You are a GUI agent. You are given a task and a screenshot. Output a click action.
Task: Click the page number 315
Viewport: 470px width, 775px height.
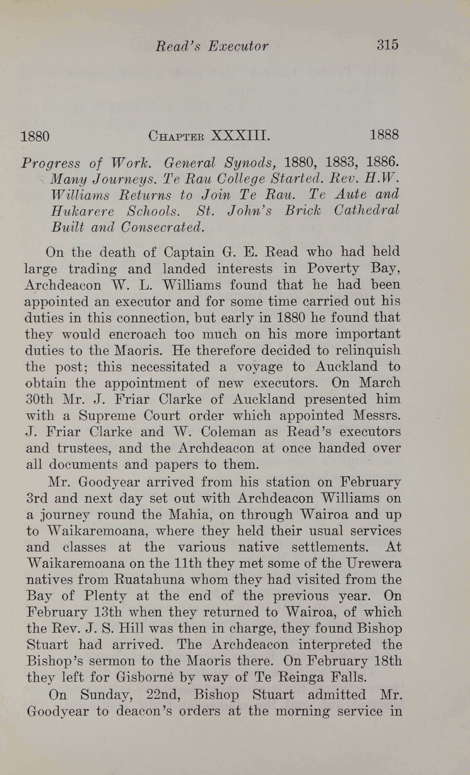click(387, 45)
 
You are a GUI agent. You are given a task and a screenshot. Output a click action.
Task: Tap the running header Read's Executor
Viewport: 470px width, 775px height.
click(212, 46)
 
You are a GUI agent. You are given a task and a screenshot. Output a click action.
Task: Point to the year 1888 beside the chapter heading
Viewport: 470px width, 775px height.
click(384, 135)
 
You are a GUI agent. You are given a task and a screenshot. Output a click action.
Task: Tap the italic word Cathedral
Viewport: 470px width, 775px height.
click(366, 210)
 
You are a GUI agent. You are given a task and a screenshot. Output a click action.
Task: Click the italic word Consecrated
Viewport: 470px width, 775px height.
click(162, 227)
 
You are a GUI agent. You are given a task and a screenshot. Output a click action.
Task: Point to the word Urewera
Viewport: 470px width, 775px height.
click(373, 564)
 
